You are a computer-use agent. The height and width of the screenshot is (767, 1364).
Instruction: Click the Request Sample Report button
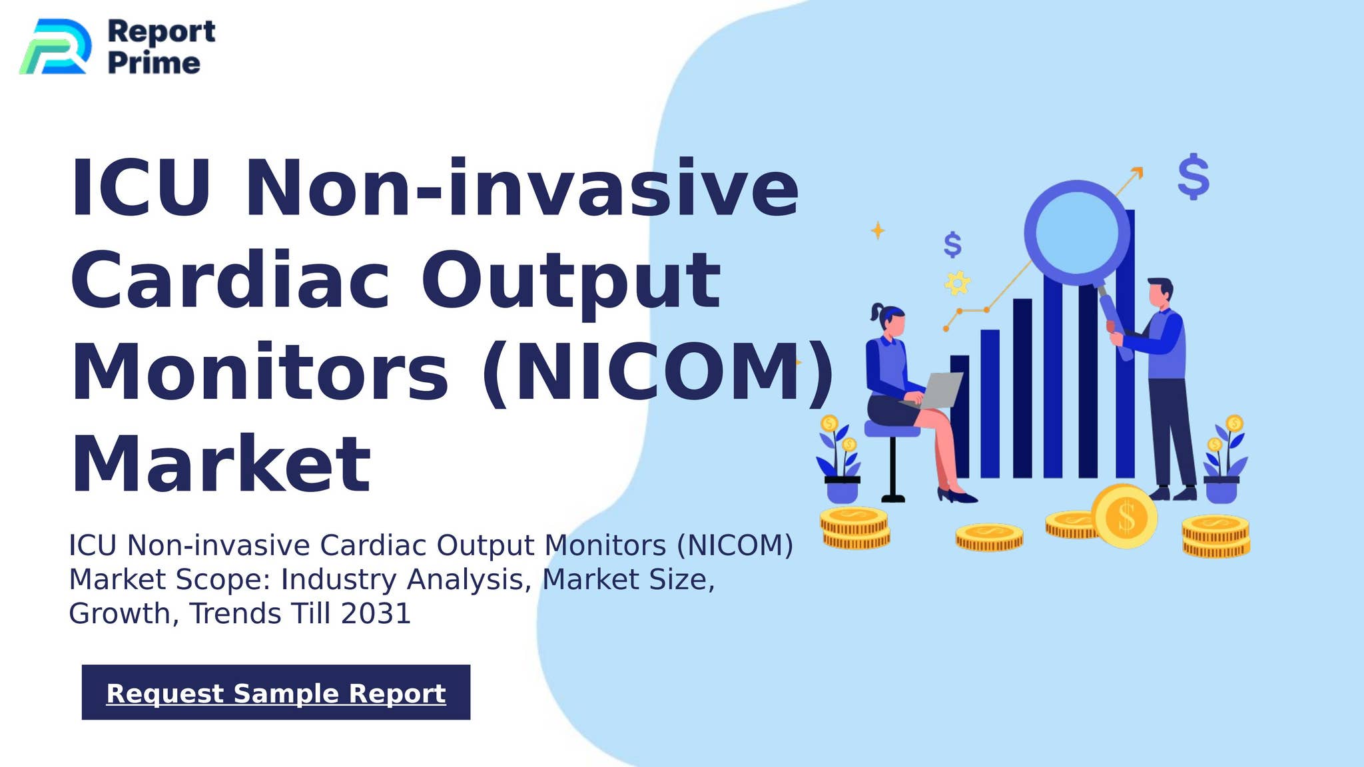coord(276,692)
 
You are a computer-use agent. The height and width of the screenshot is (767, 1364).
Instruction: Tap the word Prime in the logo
coord(154,63)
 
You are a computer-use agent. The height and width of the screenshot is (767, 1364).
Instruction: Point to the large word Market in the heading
coord(220,463)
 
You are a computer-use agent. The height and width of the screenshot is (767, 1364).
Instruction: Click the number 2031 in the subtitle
coord(376,613)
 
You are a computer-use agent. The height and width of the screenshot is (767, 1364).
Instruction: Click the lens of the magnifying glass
coord(1077,231)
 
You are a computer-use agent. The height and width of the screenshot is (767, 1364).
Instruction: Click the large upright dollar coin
coord(1125,517)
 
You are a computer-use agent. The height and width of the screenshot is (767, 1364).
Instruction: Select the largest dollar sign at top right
coord(1193,176)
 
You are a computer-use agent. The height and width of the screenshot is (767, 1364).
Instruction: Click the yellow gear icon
coord(958,283)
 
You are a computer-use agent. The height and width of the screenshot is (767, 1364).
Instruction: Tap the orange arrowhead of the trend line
coord(1138,172)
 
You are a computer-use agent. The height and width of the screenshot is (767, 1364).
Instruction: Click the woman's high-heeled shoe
coord(956,496)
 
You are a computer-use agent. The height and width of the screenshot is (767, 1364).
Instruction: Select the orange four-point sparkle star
coord(878,231)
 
